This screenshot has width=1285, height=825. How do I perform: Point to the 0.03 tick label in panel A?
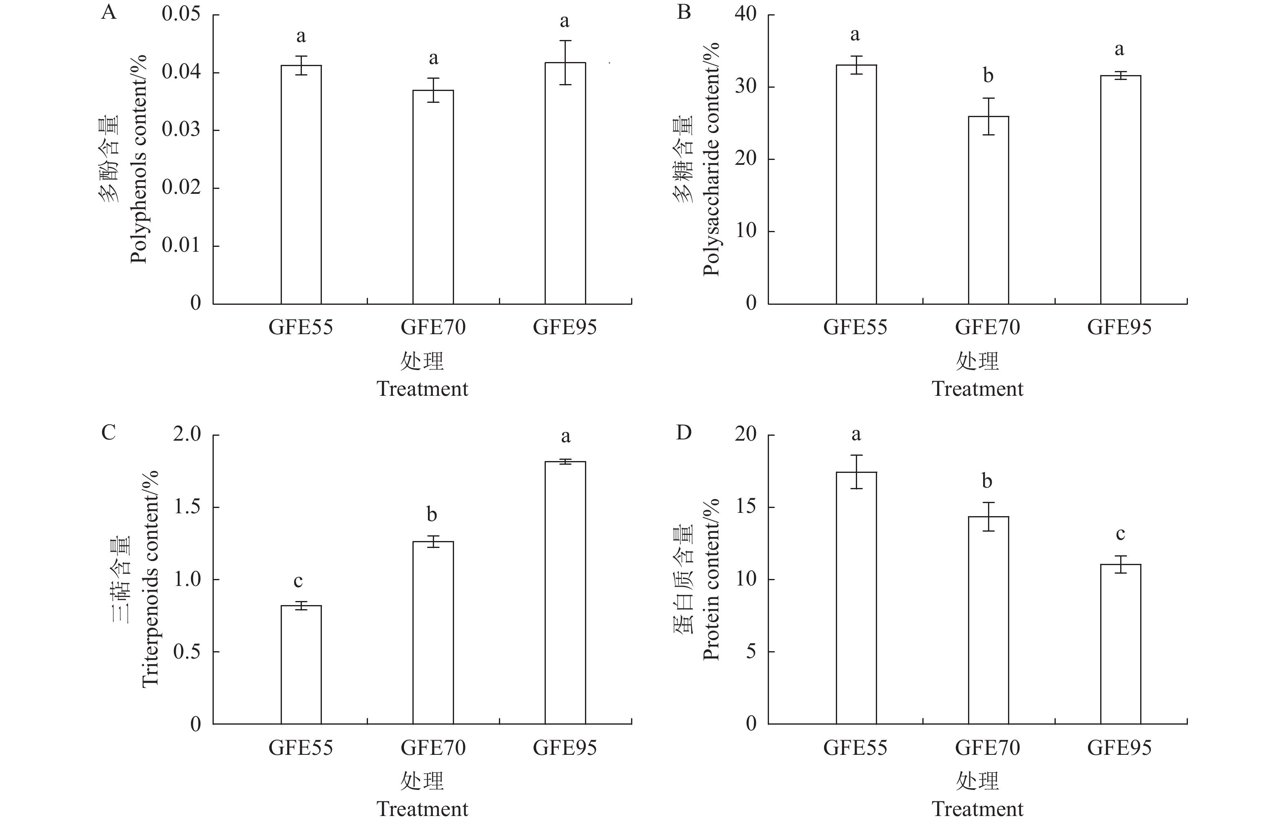coord(181,130)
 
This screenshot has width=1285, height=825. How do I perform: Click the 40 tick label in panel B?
coord(746,14)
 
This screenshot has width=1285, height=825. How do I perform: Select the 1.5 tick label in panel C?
coord(187,507)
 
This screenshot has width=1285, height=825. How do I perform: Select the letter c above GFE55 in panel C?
coord(298,581)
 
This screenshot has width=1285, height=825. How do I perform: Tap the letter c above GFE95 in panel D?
coord(1120,534)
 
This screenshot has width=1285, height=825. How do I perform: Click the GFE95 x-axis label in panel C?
coord(565,748)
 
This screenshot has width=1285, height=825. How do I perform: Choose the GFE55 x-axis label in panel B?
coord(855,327)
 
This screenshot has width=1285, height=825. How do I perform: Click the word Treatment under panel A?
coord(422,389)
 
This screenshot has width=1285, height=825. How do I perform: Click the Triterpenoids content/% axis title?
coord(150,579)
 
